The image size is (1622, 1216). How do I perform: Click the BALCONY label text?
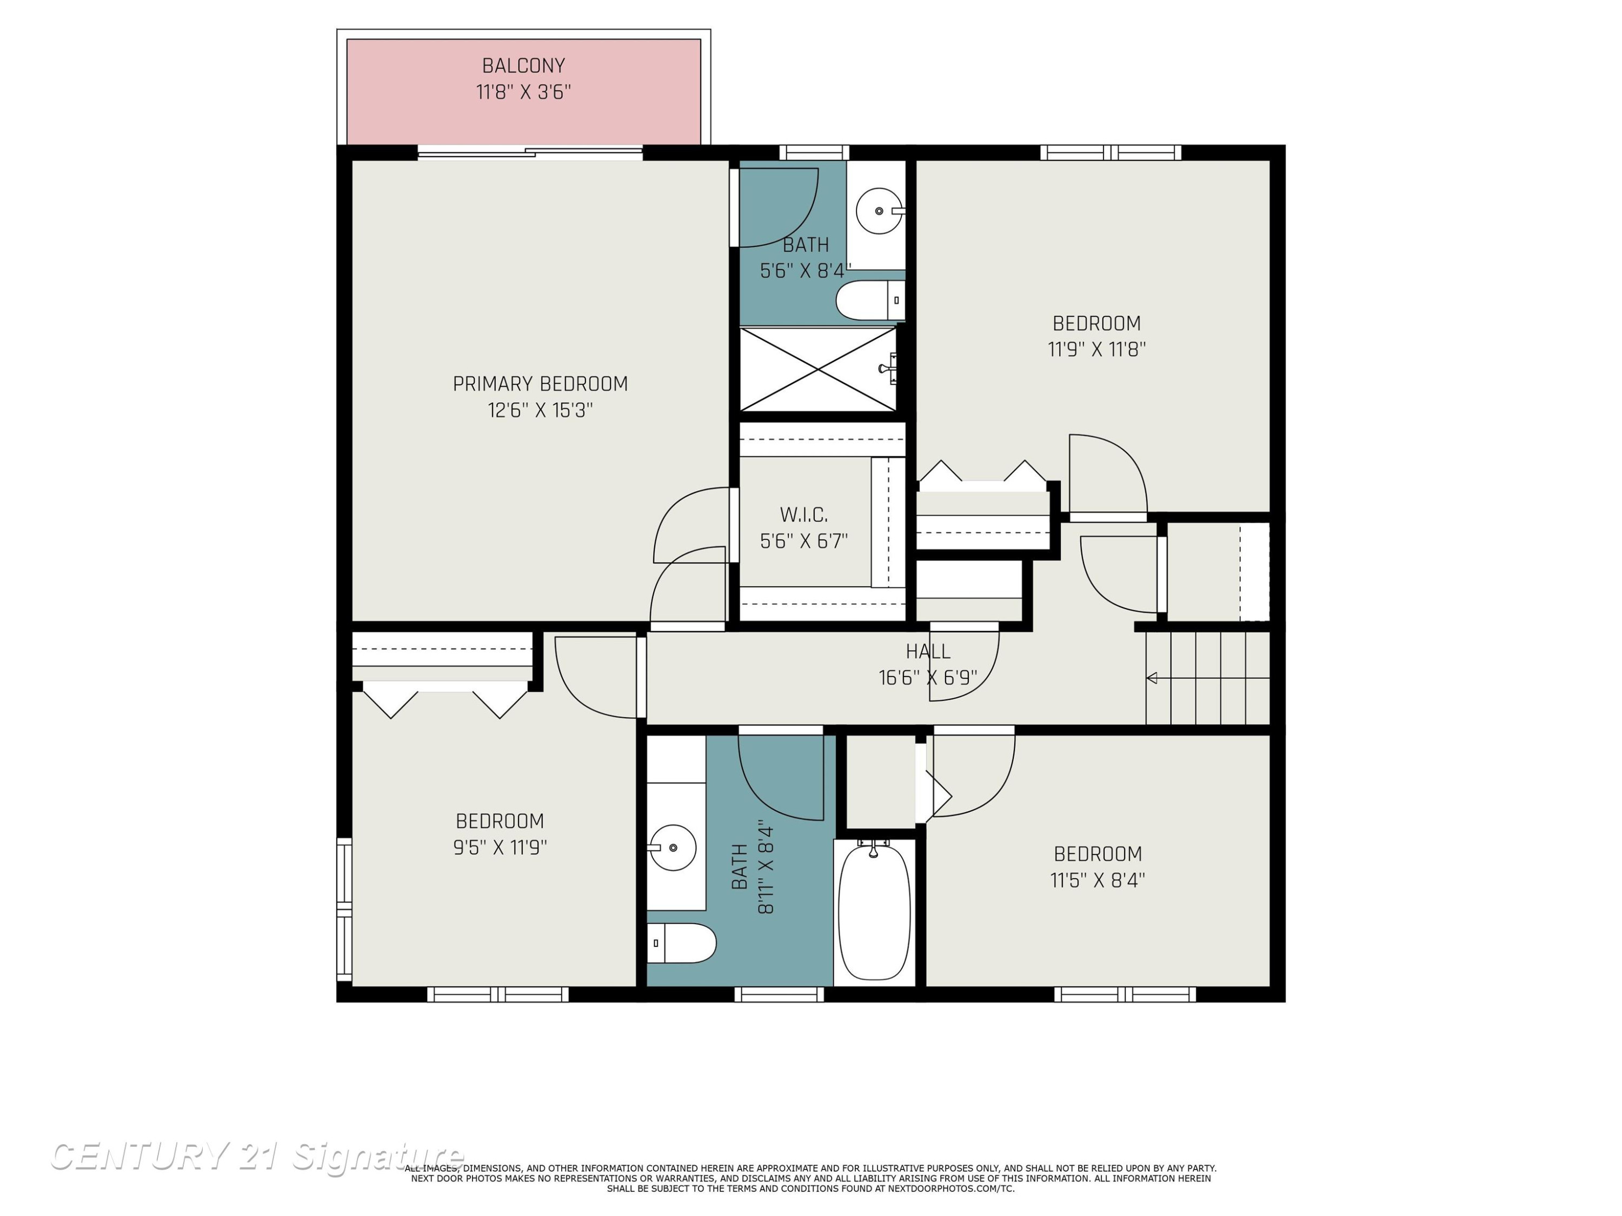[523, 66]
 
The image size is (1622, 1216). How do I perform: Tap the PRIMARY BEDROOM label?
[541, 384]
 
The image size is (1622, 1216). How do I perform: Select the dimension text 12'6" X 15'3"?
[541, 410]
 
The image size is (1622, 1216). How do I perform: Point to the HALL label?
[928, 651]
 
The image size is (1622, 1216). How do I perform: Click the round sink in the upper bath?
[880, 211]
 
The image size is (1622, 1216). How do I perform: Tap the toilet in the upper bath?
[870, 300]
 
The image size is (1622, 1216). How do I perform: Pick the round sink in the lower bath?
[673, 847]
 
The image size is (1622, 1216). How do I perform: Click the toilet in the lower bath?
[681, 943]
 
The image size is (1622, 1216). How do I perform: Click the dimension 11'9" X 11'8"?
[1097, 349]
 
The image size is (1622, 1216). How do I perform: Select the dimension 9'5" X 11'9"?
[500, 847]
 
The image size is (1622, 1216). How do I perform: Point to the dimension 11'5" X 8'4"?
[1098, 879]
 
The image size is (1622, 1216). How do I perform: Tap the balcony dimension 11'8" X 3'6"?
[523, 92]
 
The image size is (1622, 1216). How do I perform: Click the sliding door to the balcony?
[530, 152]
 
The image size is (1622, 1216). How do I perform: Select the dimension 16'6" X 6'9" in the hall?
[928, 677]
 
